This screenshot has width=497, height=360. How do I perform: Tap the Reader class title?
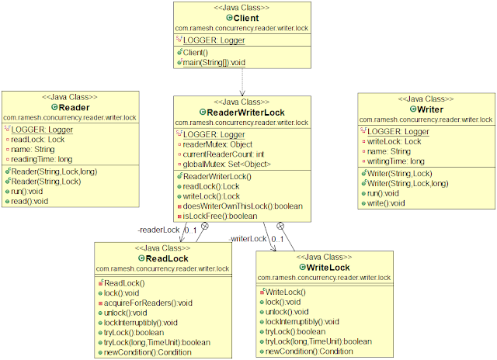tap(75, 107)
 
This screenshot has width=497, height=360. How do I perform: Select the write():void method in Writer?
tap(387, 202)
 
